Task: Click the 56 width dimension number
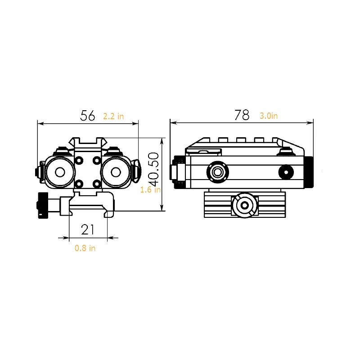coord(87,116)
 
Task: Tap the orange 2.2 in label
coord(113,117)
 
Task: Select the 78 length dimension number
coord(242,115)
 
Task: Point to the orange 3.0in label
coord(269,116)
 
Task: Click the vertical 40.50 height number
coord(153,170)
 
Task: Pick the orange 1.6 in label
coord(150,189)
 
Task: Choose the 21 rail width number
coord(88,229)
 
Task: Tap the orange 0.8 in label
coord(85,248)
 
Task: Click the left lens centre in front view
coord(60,172)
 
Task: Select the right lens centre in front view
coord(116,172)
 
